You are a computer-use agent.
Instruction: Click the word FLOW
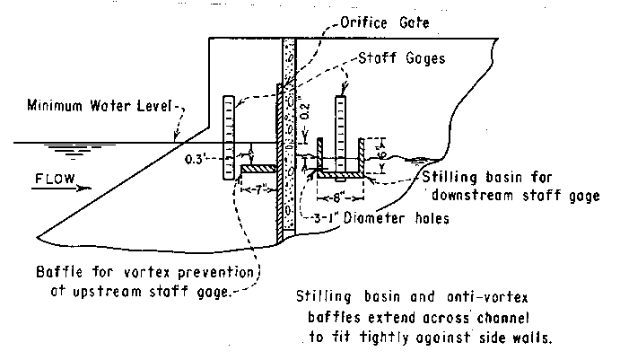(54, 178)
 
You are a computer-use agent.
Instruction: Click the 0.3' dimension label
(195, 160)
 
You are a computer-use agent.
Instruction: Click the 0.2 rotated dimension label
(304, 111)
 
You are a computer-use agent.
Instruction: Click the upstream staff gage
(229, 135)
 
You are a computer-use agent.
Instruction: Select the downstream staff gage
(341, 130)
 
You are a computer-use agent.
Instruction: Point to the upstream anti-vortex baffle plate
(261, 168)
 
